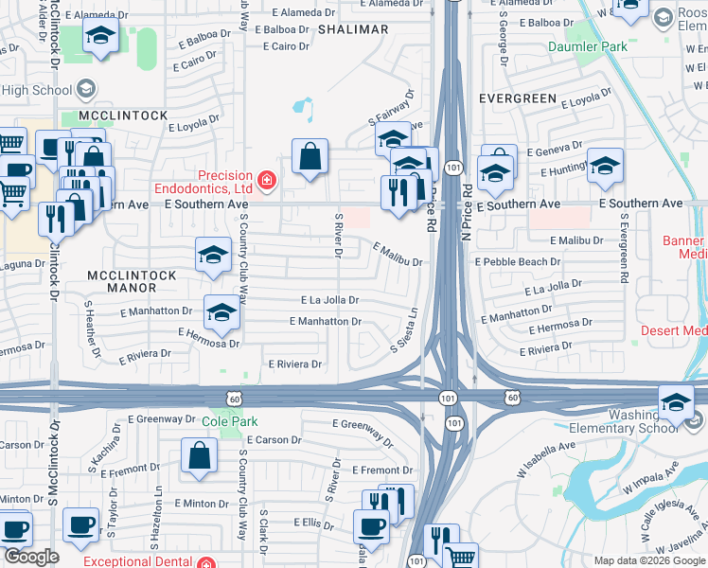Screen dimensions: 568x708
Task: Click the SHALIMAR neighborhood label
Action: click(x=353, y=29)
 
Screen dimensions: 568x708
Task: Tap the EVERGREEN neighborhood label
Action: click(x=517, y=98)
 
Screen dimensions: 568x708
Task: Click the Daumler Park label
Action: click(x=587, y=46)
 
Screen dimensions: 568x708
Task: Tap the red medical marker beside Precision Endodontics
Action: click(x=268, y=179)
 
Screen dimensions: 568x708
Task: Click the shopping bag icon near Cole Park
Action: click(x=202, y=455)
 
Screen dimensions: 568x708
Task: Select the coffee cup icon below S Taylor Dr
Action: click(x=80, y=524)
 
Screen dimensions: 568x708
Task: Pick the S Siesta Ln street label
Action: click(x=404, y=329)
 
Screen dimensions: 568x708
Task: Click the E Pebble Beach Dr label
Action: click(x=524, y=261)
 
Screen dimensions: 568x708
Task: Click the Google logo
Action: click(x=31, y=557)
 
